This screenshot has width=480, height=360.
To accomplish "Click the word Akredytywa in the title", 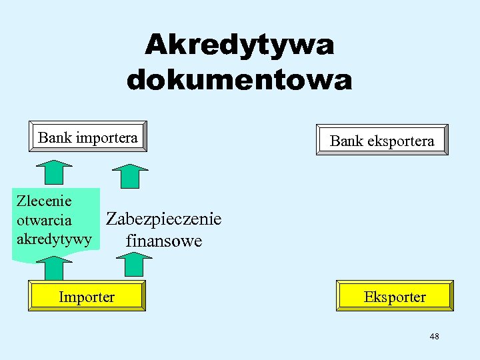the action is (x=239, y=45).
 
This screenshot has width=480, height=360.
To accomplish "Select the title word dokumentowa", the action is (x=239, y=80).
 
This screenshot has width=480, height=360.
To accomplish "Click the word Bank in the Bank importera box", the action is (x=55, y=138).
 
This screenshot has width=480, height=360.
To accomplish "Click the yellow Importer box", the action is (x=87, y=297).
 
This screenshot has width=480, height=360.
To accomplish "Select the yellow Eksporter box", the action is (x=395, y=297).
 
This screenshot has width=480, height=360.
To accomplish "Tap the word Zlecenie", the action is (x=43, y=201).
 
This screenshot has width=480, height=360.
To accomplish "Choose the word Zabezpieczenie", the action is (x=164, y=219).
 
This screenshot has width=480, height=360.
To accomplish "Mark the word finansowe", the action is (x=164, y=241).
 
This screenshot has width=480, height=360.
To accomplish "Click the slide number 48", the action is (x=434, y=337).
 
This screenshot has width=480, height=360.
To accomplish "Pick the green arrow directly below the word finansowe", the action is (x=138, y=264).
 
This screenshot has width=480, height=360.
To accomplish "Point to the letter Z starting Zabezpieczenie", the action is (x=112, y=219).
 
